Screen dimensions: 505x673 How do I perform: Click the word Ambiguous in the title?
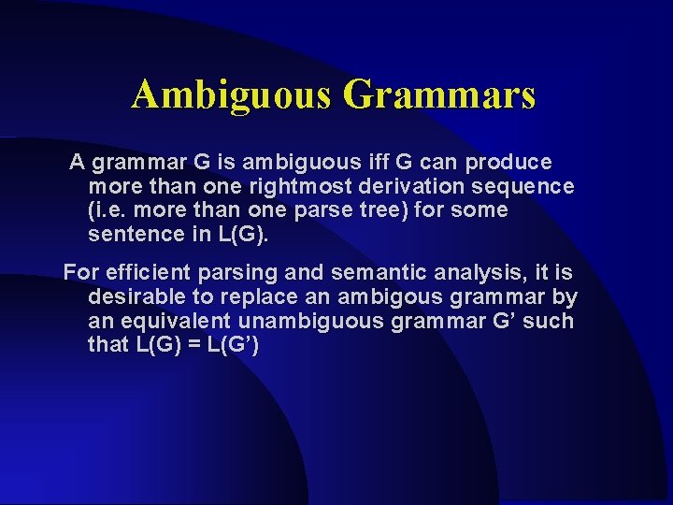pos(231,95)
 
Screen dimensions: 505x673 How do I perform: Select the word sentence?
pos(131,234)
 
